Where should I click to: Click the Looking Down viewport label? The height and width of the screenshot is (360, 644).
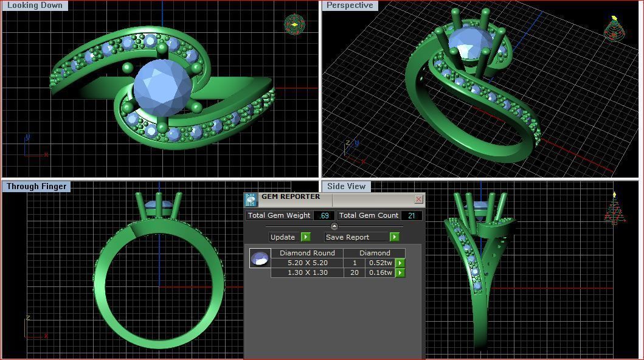(x=35, y=5)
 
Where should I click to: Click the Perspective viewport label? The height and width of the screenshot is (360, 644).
(x=350, y=5)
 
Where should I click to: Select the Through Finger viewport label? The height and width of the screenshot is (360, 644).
(x=36, y=187)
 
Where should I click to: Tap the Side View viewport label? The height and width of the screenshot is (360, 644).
(x=346, y=187)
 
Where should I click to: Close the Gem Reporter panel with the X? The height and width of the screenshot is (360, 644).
(x=418, y=199)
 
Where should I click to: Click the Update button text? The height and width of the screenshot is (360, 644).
(x=283, y=237)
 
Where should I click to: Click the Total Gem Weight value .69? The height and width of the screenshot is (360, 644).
(x=325, y=215)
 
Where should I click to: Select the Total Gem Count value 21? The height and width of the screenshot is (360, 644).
(x=412, y=215)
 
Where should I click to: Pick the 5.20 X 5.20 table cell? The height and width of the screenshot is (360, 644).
(x=307, y=263)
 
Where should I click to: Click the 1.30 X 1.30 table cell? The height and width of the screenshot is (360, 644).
(x=307, y=272)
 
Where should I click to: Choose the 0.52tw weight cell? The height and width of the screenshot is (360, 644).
(x=381, y=263)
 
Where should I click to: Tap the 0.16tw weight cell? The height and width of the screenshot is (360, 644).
(x=381, y=272)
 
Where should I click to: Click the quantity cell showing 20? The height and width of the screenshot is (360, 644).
(x=355, y=272)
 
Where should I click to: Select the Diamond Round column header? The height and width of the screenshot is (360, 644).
(x=307, y=253)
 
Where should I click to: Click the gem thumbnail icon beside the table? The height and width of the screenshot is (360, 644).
(x=260, y=258)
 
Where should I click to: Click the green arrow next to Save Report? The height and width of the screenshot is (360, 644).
(x=394, y=237)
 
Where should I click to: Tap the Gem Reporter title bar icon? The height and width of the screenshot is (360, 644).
(x=251, y=199)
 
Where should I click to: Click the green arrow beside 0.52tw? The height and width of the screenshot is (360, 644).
(x=400, y=263)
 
